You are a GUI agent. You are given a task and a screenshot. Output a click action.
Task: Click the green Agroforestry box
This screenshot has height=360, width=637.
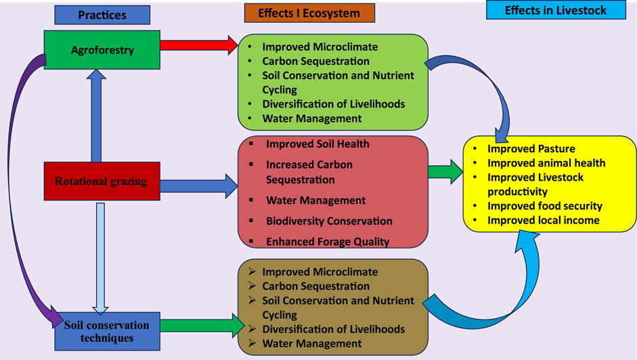[x=102, y=49]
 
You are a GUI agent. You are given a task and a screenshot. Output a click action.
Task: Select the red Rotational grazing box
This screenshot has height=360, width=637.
[x=102, y=181]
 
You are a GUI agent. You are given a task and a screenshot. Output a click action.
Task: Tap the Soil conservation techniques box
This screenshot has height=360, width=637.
[x=107, y=331]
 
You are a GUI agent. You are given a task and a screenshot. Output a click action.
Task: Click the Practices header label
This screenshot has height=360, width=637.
[x=102, y=15]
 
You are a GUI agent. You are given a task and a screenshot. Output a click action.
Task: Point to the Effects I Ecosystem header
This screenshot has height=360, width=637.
[x=309, y=13]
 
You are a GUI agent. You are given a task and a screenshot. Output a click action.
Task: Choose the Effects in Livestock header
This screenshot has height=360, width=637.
[x=556, y=10]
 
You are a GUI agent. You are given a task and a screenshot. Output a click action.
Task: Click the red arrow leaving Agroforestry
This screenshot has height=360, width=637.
[x=199, y=45]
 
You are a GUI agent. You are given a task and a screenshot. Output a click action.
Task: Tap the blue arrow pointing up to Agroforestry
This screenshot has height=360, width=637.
[x=96, y=116]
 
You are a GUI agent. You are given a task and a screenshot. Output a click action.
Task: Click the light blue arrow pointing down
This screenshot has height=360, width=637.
[x=100, y=258]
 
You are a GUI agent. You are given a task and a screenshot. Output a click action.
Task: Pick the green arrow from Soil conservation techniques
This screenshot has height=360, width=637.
[x=202, y=325]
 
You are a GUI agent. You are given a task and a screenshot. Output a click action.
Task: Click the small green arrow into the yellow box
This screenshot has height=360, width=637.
[x=445, y=172]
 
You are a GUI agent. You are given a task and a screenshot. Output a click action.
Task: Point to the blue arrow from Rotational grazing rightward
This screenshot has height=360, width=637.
[x=198, y=187]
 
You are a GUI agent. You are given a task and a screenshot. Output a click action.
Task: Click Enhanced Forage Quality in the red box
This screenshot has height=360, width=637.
[x=328, y=242]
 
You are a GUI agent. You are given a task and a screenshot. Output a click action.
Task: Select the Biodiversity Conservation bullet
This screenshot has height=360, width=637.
[x=329, y=221]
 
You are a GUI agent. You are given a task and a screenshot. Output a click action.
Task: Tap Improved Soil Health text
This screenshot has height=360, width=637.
[x=317, y=144]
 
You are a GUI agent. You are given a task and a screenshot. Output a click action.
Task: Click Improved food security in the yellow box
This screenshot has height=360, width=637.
[x=545, y=206]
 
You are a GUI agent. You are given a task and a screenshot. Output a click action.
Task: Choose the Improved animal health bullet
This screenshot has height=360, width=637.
[x=546, y=163]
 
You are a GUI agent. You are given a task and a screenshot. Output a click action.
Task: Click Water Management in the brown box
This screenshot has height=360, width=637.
[x=311, y=343]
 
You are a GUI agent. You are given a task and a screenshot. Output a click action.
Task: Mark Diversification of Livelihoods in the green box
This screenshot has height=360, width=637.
[x=334, y=104]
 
